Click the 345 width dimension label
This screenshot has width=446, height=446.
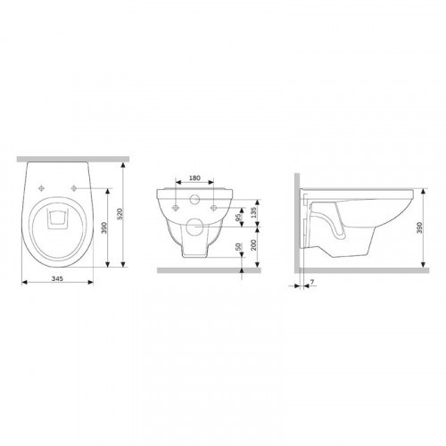[x=57, y=278]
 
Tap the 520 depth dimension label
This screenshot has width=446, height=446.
[x=120, y=214]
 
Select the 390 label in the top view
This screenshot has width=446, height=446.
[x=104, y=227]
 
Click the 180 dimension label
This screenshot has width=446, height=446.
[x=194, y=178]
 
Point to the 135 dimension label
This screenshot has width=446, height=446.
[x=253, y=213]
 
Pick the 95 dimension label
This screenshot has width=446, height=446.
[x=238, y=218]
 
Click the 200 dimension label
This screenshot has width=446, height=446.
[x=253, y=245]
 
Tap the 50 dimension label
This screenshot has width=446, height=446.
[x=238, y=246]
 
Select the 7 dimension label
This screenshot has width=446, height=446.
[x=312, y=281]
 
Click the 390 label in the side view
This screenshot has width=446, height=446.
[x=419, y=227]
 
